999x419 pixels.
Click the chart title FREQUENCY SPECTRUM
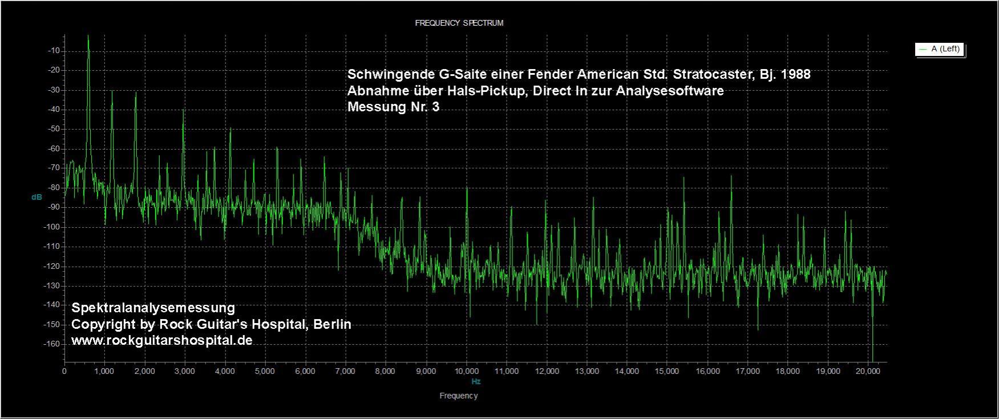click(459, 23)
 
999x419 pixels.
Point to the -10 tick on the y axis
click(55, 51)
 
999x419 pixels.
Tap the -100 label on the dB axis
click(54, 227)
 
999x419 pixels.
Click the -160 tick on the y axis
click(54, 344)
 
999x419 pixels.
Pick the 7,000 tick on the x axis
click(345, 371)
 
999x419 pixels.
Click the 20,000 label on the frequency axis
click(868, 371)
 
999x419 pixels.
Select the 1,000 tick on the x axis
click(104, 371)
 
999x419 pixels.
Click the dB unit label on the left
click(37, 197)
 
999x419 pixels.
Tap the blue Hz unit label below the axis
click(476, 381)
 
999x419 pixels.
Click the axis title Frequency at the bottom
click(459, 396)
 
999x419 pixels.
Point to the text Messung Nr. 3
click(394, 107)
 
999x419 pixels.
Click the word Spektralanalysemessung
click(153, 308)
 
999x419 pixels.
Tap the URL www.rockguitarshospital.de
click(162, 340)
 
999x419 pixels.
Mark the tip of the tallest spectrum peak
click(88, 35)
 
